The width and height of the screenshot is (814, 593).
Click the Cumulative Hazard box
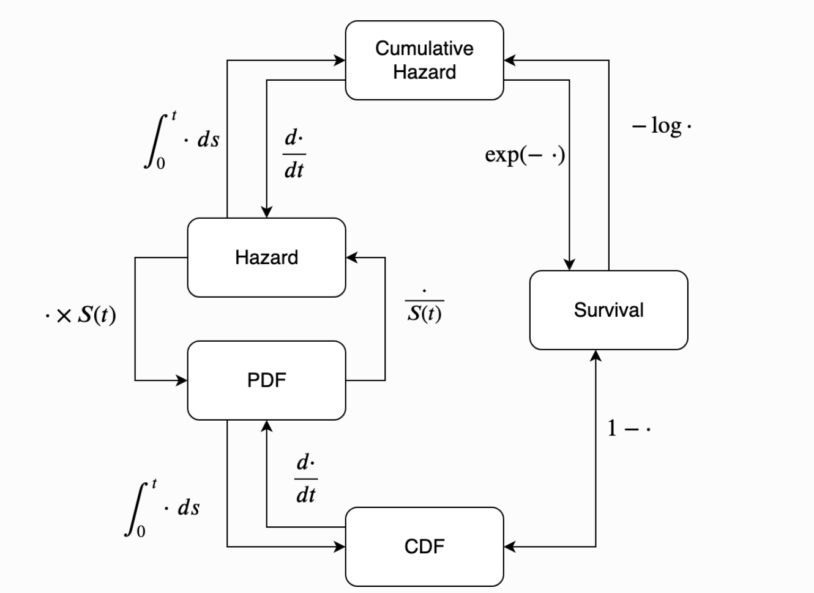pos(424,60)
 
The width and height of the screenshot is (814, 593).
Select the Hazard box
pos(266,257)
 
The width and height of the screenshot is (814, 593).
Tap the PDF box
pos(266,380)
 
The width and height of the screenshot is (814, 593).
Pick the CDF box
pos(424,547)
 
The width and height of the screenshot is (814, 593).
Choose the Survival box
pos(608,310)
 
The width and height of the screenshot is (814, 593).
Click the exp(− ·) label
pos(525,155)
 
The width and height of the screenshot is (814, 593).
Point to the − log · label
pos(662,126)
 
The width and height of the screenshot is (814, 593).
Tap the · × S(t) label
pos(80,315)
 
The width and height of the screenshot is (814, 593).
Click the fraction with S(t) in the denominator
pos(424,307)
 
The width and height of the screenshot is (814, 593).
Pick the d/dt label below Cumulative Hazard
pos(294,154)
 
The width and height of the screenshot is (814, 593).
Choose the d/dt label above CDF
pos(306,479)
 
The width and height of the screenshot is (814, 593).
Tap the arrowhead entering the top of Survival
pos(569,264)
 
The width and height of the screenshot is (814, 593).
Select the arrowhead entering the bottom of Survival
pos(596,356)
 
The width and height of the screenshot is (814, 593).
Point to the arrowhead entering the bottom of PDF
pos(266,426)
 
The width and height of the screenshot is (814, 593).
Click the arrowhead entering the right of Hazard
pos(352,257)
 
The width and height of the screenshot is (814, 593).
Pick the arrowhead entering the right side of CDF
pos(510,547)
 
